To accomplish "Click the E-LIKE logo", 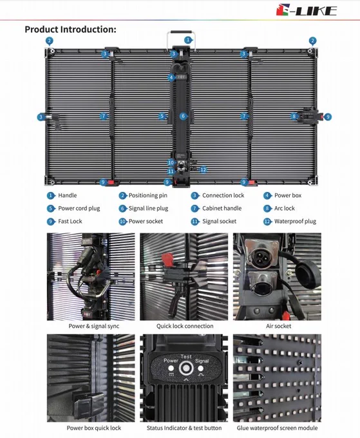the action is (x=307, y=10).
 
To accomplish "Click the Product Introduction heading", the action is (x=70, y=30).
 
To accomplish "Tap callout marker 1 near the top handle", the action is (x=188, y=40).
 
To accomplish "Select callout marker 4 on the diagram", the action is (x=171, y=77).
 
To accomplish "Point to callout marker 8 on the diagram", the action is (x=294, y=116).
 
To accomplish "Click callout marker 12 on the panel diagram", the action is (x=204, y=169).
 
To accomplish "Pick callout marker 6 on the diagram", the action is (x=183, y=116).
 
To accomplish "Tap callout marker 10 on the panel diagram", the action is (x=171, y=162).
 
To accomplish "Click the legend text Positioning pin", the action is (x=148, y=196).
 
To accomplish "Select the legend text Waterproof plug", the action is (x=295, y=222).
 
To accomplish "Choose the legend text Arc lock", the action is (x=284, y=209).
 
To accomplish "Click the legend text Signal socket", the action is (x=219, y=222).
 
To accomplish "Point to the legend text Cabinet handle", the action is (x=222, y=209).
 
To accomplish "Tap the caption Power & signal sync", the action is (x=94, y=326).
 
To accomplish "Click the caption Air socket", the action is (x=278, y=326).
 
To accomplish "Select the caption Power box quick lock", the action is (x=94, y=428).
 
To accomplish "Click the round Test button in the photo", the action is (x=186, y=368).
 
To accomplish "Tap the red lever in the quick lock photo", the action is (x=167, y=259).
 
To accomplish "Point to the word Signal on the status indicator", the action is (x=202, y=361).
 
